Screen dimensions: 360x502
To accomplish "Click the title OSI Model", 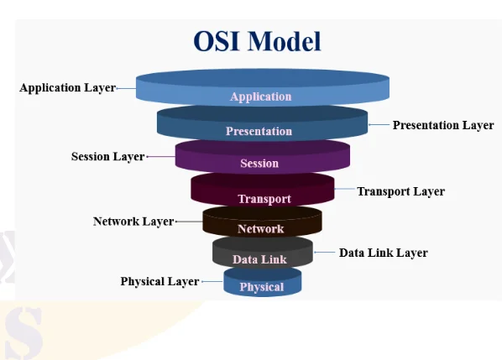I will click(257, 42).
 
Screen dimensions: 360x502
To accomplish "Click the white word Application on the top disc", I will click(260, 97).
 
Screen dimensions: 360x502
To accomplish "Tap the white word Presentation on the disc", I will click(259, 131).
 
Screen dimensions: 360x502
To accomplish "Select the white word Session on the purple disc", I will click(259, 164).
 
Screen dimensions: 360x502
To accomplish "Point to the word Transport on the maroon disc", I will click(264, 199).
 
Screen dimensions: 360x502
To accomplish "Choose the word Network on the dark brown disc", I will click(261, 229).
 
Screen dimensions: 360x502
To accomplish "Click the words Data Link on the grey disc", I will click(259, 259).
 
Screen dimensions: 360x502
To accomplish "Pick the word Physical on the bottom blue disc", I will click(262, 287).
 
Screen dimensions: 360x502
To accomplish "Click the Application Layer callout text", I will click(67, 87).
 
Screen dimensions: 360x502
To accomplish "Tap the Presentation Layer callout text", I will click(443, 125).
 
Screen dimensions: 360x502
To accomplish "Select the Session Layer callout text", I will click(107, 156).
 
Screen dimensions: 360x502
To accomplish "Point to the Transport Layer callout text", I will click(400, 191).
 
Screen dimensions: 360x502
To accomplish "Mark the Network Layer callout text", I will click(133, 222).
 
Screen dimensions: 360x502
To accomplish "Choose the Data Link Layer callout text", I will click(383, 253).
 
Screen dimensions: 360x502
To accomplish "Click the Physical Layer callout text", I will click(159, 281).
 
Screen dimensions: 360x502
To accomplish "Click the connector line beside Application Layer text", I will click(126, 87).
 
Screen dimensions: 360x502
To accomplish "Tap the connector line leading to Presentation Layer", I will click(379, 125).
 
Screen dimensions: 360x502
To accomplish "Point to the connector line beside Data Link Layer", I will click(324, 253).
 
